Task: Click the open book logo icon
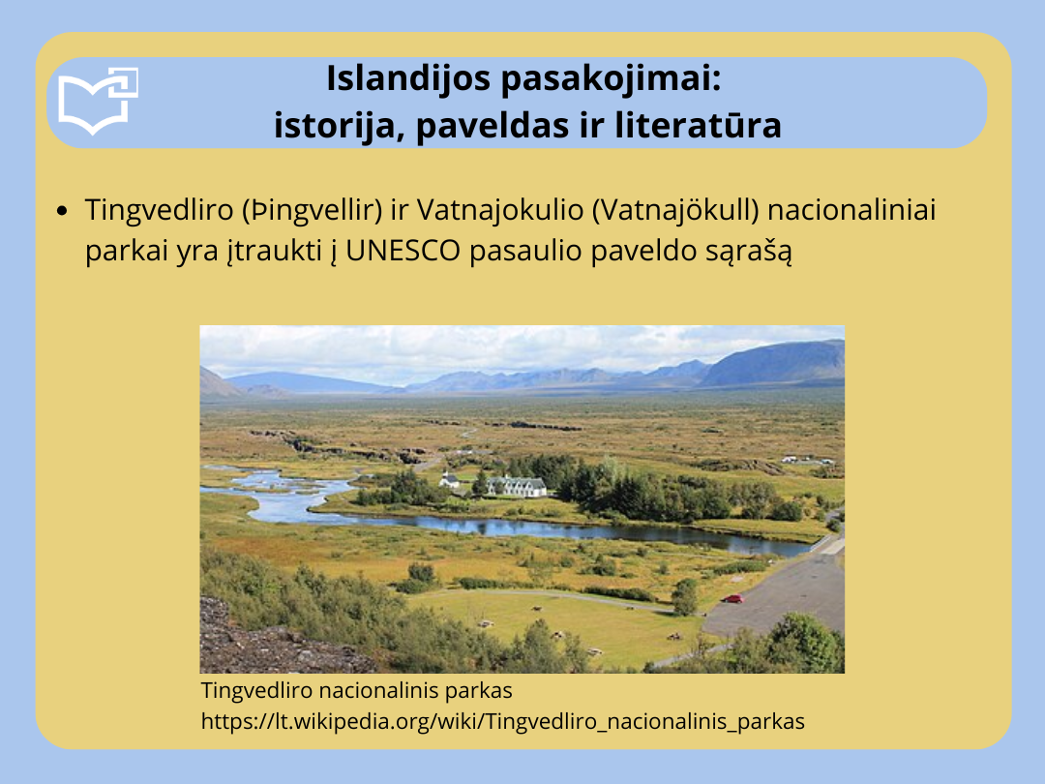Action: (x=98, y=101)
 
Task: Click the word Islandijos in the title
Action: (x=408, y=79)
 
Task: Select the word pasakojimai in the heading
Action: (x=611, y=79)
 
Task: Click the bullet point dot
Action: (x=63, y=211)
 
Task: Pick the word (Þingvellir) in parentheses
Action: (x=312, y=210)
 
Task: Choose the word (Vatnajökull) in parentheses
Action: (x=675, y=210)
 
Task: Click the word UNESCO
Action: (x=403, y=251)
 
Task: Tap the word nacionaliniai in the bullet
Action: (x=851, y=210)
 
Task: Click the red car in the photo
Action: (x=731, y=599)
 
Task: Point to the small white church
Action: (x=449, y=480)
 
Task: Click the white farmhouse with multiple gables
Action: (x=517, y=486)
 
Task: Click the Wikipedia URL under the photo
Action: (x=503, y=721)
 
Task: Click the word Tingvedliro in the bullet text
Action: (x=160, y=211)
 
